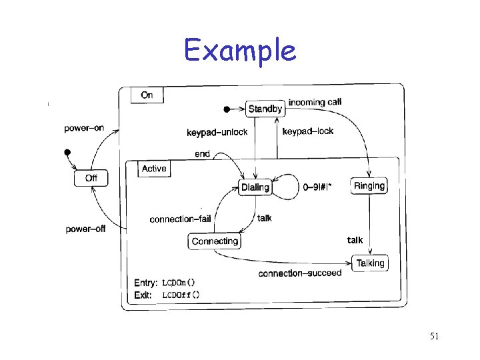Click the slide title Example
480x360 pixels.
coord(239,50)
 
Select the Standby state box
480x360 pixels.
coord(265,109)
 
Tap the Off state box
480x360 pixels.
coord(91,179)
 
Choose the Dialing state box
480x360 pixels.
coord(255,187)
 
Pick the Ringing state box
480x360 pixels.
coord(369,186)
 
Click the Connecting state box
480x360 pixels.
coord(215,241)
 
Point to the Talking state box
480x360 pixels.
coord(370,263)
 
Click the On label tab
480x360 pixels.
coord(147,95)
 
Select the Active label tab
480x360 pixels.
coord(154,169)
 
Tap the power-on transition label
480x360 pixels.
coord(84,127)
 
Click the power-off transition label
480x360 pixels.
coord(85,229)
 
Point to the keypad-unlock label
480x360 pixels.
coord(217,132)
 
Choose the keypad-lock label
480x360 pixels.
coord(308,131)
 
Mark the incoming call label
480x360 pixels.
coord(315,103)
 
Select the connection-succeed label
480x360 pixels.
coord(299,273)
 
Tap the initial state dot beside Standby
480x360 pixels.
coord(227,109)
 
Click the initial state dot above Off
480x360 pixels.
coord(67,153)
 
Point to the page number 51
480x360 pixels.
coord(434,337)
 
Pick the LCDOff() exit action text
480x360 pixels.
coord(181,294)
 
